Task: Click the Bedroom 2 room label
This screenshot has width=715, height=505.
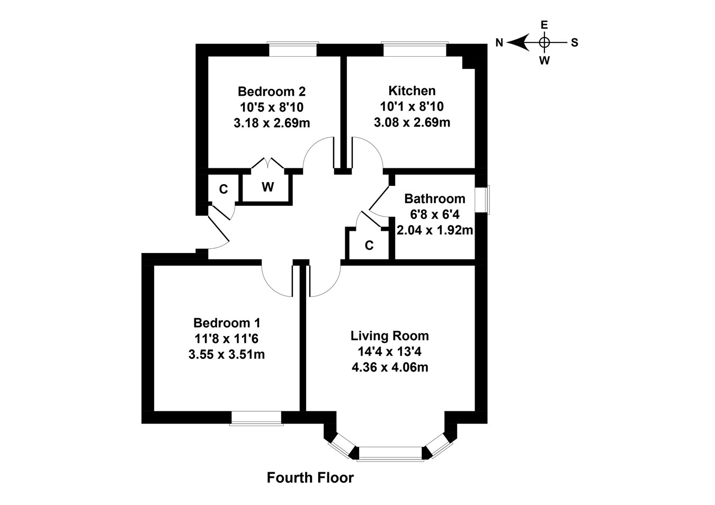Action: (x=271, y=91)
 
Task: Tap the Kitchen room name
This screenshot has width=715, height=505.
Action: (x=412, y=91)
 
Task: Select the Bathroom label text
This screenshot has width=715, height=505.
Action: (x=434, y=199)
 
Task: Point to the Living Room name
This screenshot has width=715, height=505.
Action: (x=389, y=336)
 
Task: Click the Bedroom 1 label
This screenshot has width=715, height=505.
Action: (x=226, y=322)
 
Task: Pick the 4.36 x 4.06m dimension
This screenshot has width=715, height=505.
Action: (x=389, y=367)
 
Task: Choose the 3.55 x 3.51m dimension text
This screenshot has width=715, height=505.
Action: (x=226, y=354)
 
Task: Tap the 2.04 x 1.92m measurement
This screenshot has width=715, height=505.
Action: (x=434, y=230)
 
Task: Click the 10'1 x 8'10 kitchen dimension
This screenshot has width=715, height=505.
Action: (x=412, y=106)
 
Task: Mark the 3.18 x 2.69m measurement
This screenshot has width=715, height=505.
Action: (x=271, y=123)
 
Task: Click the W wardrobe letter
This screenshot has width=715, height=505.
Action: (x=267, y=187)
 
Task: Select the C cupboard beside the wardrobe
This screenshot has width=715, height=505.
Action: (x=223, y=189)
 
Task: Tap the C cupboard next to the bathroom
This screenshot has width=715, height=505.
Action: (x=369, y=246)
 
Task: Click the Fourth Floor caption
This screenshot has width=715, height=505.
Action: (x=310, y=478)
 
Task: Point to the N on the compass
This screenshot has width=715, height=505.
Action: (x=499, y=43)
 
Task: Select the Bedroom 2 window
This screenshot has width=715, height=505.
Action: (x=293, y=49)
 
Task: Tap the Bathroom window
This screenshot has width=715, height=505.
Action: (x=483, y=200)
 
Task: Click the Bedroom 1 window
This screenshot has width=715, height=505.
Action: (x=256, y=418)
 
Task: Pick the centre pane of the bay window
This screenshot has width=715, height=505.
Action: (x=390, y=453)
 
